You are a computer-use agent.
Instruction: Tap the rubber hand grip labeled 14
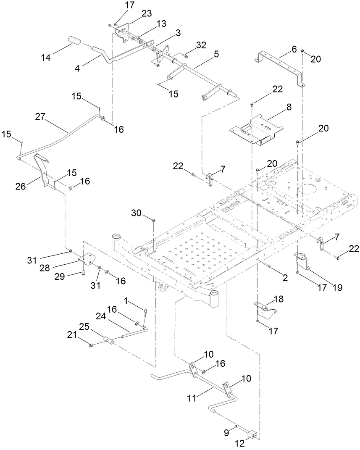[75, 42]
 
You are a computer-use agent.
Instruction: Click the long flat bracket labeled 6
[281, 67]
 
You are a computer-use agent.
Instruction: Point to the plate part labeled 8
[257, 132]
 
